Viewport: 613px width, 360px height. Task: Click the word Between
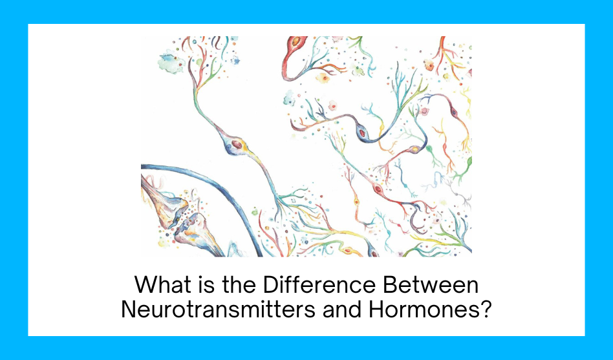coord(431,284)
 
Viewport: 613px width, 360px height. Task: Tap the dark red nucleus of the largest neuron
coord(237,144)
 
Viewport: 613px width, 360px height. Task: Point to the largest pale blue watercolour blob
coord(171,62)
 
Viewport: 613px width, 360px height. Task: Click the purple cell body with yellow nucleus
coord(415,149)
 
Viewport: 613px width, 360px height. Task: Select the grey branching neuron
coord(461,196)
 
